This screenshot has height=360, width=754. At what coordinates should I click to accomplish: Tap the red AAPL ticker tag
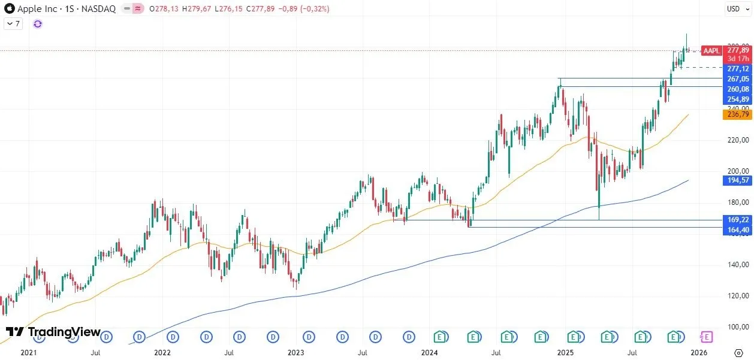point(711,51)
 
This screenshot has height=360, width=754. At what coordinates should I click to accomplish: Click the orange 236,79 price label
point(737,114)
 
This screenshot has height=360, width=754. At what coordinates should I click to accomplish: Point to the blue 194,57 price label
point(737,180)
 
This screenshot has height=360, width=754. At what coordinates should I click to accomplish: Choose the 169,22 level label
point(737,220)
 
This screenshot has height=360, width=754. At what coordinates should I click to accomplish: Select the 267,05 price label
point(737,78)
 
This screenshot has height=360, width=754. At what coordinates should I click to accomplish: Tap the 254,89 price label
point(737,99)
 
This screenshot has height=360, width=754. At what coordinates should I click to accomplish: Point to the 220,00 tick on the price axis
point(737,140)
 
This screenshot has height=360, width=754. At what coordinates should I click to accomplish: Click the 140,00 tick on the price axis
point(737,265)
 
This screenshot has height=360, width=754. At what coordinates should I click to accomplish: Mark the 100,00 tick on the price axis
point(737,327)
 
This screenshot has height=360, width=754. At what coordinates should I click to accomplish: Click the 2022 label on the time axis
point(162,353)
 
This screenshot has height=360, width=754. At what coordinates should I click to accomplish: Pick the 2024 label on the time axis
point(430,353)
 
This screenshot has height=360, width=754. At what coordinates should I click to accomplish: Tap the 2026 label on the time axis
point(699,353)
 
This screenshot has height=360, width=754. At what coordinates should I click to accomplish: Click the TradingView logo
point(53,332)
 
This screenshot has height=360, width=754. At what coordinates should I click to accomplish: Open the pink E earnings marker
point(707,337)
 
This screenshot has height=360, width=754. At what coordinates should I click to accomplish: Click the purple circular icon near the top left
point(38,24)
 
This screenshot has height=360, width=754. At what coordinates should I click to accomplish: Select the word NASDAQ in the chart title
point(99,9)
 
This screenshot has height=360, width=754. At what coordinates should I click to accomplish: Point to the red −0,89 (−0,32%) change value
point(307,9)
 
